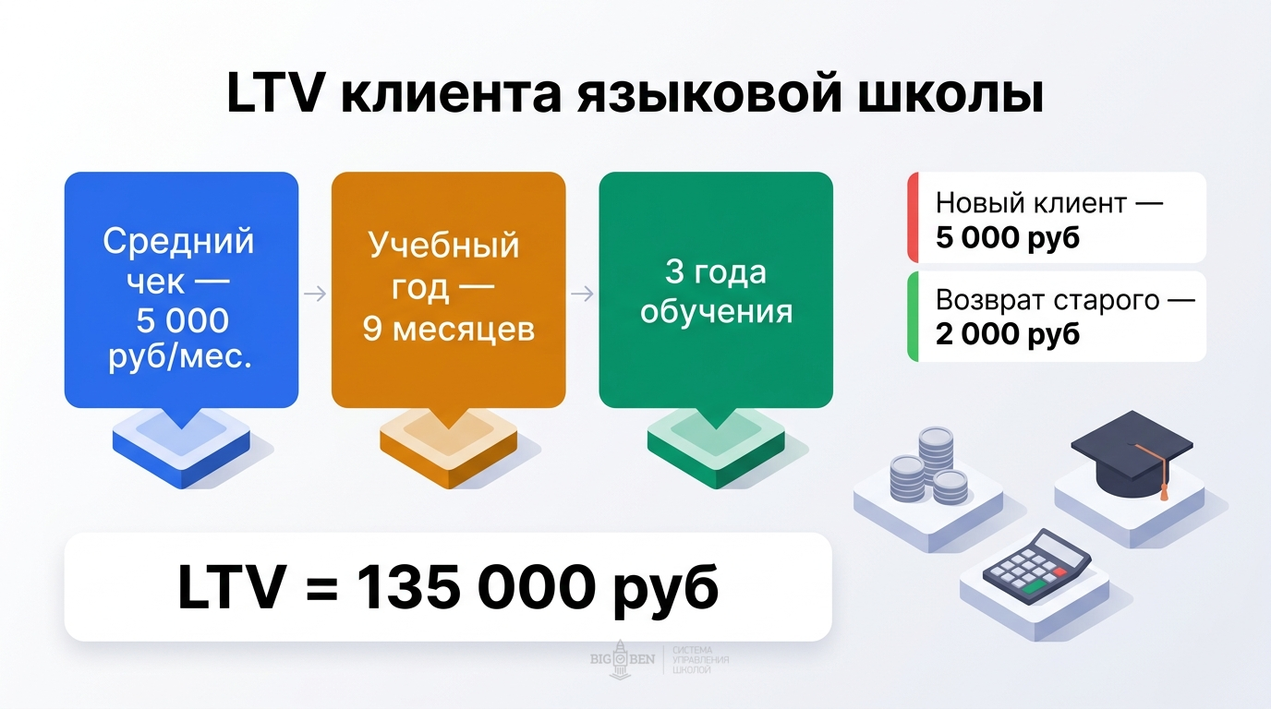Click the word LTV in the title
point(273,97)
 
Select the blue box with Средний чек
point(181,290)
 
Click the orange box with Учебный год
point(448,290)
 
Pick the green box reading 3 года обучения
point(716,290)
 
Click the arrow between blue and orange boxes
point(315,294)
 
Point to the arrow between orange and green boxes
point(582,294)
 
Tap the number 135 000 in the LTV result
point(472,588)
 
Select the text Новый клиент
point(1031,203)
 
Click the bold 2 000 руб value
point(1007,333)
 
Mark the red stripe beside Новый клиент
point(912,217)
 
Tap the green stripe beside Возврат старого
point(912,316)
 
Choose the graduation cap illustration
point(1132,452)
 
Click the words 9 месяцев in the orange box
point(448,330)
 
